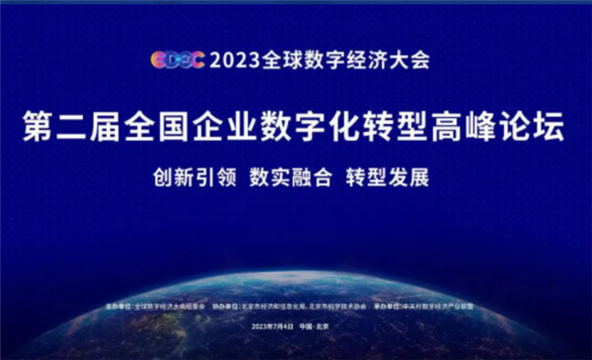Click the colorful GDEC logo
tap(177, 59)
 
